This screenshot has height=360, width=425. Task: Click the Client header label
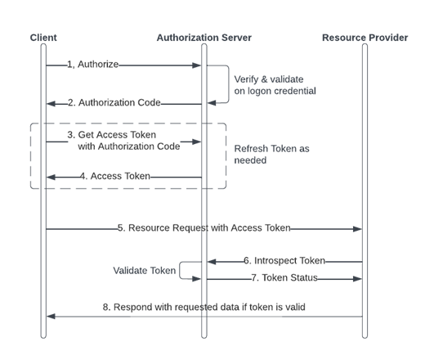pos(43,38)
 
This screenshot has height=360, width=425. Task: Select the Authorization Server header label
pos(204,38)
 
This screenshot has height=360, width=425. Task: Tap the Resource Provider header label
pos(364,38)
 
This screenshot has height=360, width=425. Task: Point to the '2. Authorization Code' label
pos(114,103)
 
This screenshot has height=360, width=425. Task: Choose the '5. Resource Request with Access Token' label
pos(204,229)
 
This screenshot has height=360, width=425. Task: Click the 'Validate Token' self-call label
pos(144,269)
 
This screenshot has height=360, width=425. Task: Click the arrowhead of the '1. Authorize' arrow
pos(198,64)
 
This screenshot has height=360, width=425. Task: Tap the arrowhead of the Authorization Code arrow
pos(49,103)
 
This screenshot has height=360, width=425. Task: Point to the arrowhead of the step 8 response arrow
pos(49,315)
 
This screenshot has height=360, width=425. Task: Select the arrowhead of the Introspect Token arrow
pos(210,261)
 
